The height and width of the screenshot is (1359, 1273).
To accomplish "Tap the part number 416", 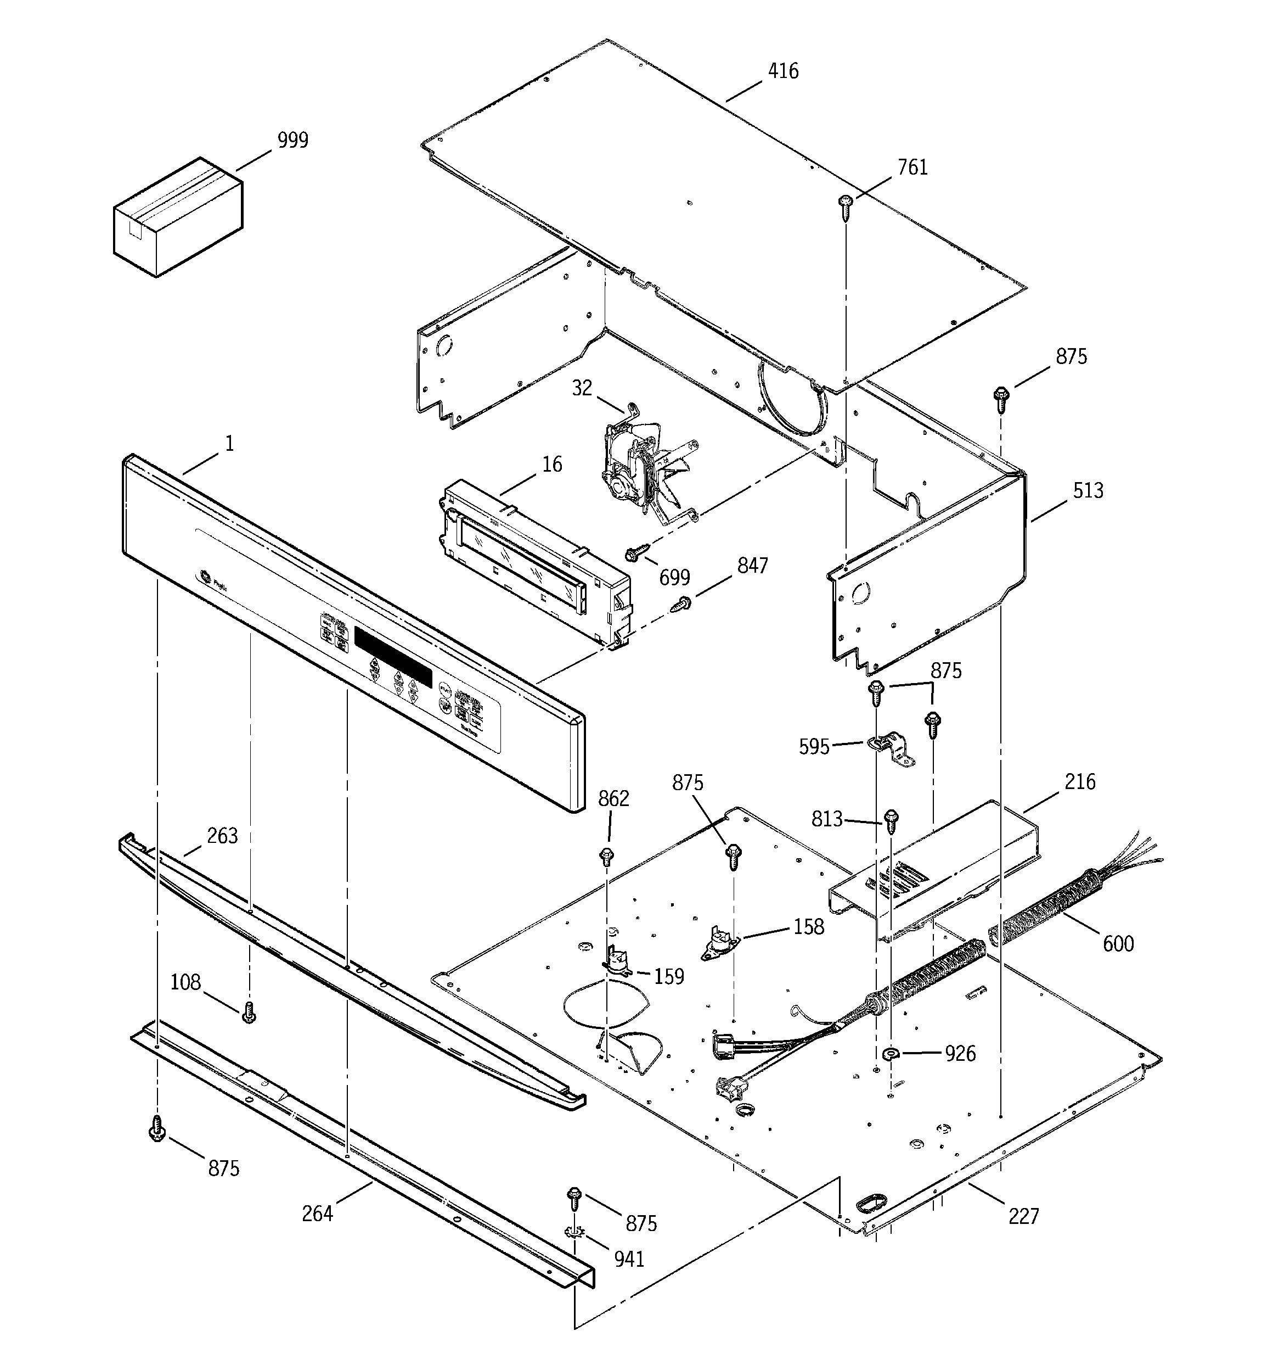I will click(x=782, y=71).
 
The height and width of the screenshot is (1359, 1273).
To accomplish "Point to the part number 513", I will click(x=1088, y=491).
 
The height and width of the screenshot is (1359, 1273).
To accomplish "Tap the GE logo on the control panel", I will click(x=203, y=578).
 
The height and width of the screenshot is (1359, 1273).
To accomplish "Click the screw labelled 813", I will click(x=891, y=821).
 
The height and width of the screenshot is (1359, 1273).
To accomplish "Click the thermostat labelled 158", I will click(x=718, y=947).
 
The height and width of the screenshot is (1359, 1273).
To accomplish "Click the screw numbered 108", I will click(x=249, y=1013).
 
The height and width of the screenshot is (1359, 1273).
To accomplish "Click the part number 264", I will click(x=317, y=1213).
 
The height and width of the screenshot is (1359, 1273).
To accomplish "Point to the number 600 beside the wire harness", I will click(x=1117, y=944).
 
